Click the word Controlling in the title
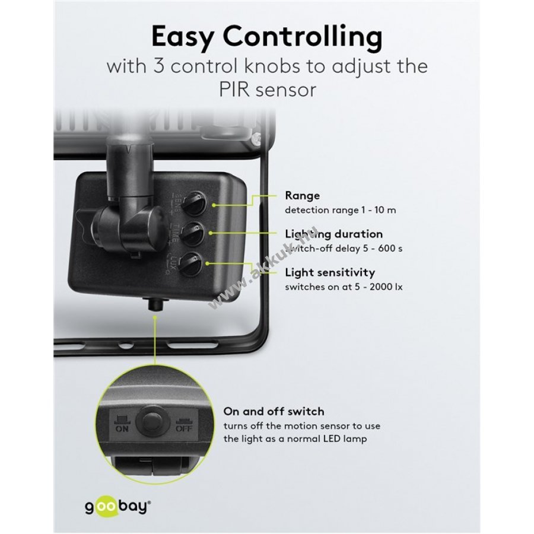[303, 38]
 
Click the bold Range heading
[302, 195]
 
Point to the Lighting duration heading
[333, 234]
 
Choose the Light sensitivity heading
[330, 272]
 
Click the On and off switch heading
[274, 411]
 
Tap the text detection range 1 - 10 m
[332, 209]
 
